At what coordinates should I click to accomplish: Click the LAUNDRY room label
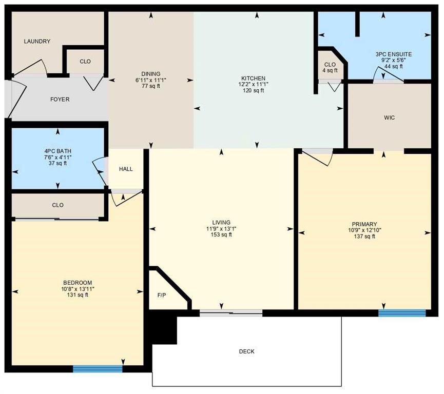click(x=37, y=42)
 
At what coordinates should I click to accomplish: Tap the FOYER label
click(x=60, y=100)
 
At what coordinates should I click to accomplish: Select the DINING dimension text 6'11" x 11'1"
click(x=151, y=80)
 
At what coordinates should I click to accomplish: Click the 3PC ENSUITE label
click(x=394, y=54)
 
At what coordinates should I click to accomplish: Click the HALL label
click(x=126, y=169)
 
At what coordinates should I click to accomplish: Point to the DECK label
click(x=246, y=351)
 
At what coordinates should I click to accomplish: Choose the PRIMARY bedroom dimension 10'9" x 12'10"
click(x=364, y=230)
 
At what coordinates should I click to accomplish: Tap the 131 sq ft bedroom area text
click(x=78, y=295)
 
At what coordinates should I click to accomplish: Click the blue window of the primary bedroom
click(x=402, y=313)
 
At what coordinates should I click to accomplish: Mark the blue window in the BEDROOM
click(x=98, y=368)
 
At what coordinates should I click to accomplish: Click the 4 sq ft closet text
click(x=330, y=70)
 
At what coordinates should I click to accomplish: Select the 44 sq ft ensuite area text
click(x=394, y=66)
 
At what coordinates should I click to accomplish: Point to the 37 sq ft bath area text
click(x=57, y=163)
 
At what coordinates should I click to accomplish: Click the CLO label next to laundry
click(x=85, y=62)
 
